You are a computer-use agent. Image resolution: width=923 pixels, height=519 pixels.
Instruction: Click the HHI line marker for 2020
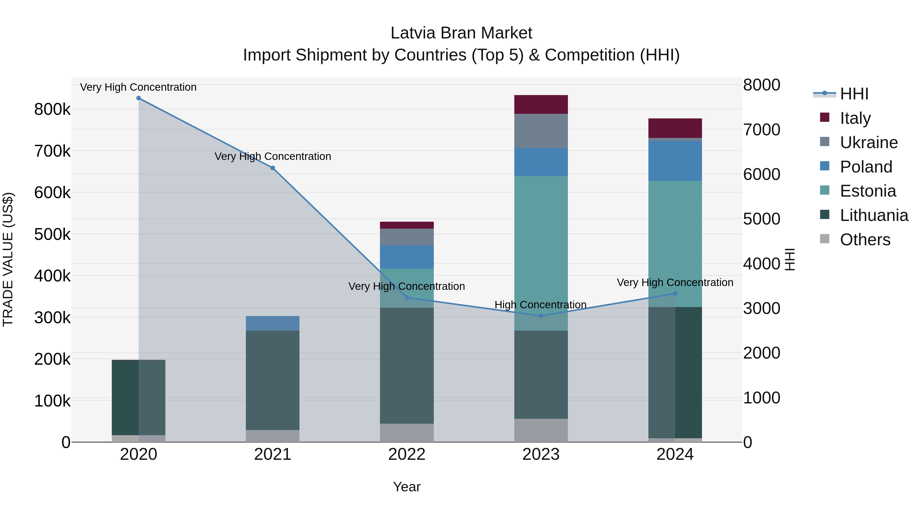point(139,98)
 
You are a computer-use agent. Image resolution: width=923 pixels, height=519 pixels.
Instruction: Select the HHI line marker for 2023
point(541,316)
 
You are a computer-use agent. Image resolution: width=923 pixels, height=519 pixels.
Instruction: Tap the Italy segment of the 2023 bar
point(541,105)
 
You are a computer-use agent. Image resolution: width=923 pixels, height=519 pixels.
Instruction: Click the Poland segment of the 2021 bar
point(273,323)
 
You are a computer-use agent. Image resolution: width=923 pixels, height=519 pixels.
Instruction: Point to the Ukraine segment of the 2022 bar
point(407,237)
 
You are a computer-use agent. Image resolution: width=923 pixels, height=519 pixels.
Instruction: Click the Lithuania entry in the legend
point(874,216)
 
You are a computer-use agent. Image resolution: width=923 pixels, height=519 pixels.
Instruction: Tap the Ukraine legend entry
point(869,143)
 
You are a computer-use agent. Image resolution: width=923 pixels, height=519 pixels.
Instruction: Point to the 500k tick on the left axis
point(52,235)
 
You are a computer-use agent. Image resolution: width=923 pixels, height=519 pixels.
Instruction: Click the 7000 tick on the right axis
point(761,130)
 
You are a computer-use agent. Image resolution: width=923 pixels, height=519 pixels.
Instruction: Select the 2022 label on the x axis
point(407,454)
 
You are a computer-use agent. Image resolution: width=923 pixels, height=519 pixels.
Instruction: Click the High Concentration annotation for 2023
point(540,305)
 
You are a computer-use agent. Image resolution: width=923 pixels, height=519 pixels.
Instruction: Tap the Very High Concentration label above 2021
point(273,157)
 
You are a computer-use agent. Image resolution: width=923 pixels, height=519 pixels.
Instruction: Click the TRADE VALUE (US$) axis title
point(8,259)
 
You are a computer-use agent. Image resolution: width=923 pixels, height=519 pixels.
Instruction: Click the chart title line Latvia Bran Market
point(461,33)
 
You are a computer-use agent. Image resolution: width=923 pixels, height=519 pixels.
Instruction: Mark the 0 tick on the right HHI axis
point(748,443)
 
